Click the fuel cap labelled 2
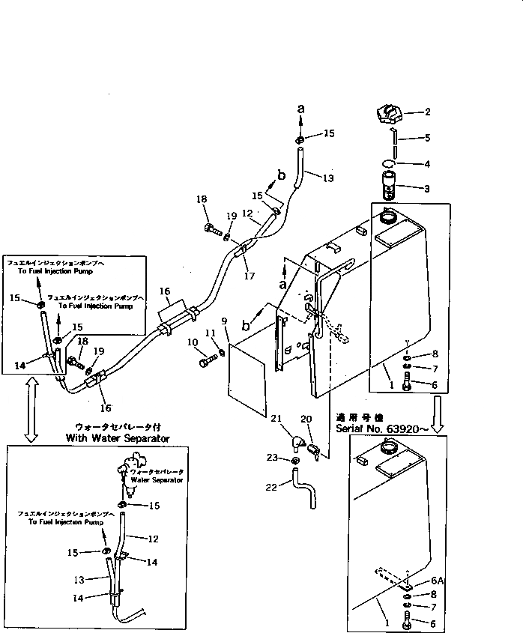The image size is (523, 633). point(389,116)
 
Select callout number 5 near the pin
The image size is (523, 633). point(427,138)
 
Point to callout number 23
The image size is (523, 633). point(274,456)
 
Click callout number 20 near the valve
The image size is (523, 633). point(306,420)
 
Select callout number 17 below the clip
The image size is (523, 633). point(250,276)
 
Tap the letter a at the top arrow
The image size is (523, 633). point(301,109)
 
